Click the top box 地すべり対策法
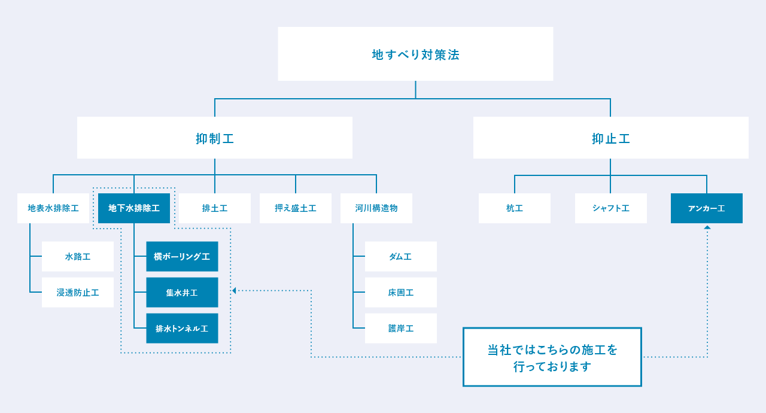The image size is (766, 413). [415, 54]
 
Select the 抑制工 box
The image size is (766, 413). [214, 138]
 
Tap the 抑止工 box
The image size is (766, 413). [610, 138]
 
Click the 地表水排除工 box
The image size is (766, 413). [53, 208]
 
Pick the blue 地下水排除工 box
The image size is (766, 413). [134, 208]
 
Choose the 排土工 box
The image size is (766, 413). [215, 208]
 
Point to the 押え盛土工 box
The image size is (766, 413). [296, 208]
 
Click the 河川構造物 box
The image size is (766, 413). [376, 208]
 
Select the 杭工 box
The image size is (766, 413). [515, 208]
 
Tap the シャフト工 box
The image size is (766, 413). [611, 208]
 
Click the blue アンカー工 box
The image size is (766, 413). [707, 208]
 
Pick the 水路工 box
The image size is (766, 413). [78, 256]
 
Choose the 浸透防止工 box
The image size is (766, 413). [78, 292]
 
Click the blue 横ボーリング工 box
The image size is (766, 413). [182, 256]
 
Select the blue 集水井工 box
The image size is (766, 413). [182, 292]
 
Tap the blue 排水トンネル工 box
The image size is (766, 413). [182, 328]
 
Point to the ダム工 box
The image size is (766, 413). [401, 256]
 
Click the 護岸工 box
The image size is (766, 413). [401, 328]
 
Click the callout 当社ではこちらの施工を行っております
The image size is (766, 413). [552, 357]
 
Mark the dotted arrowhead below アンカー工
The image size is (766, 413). [707, 227]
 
